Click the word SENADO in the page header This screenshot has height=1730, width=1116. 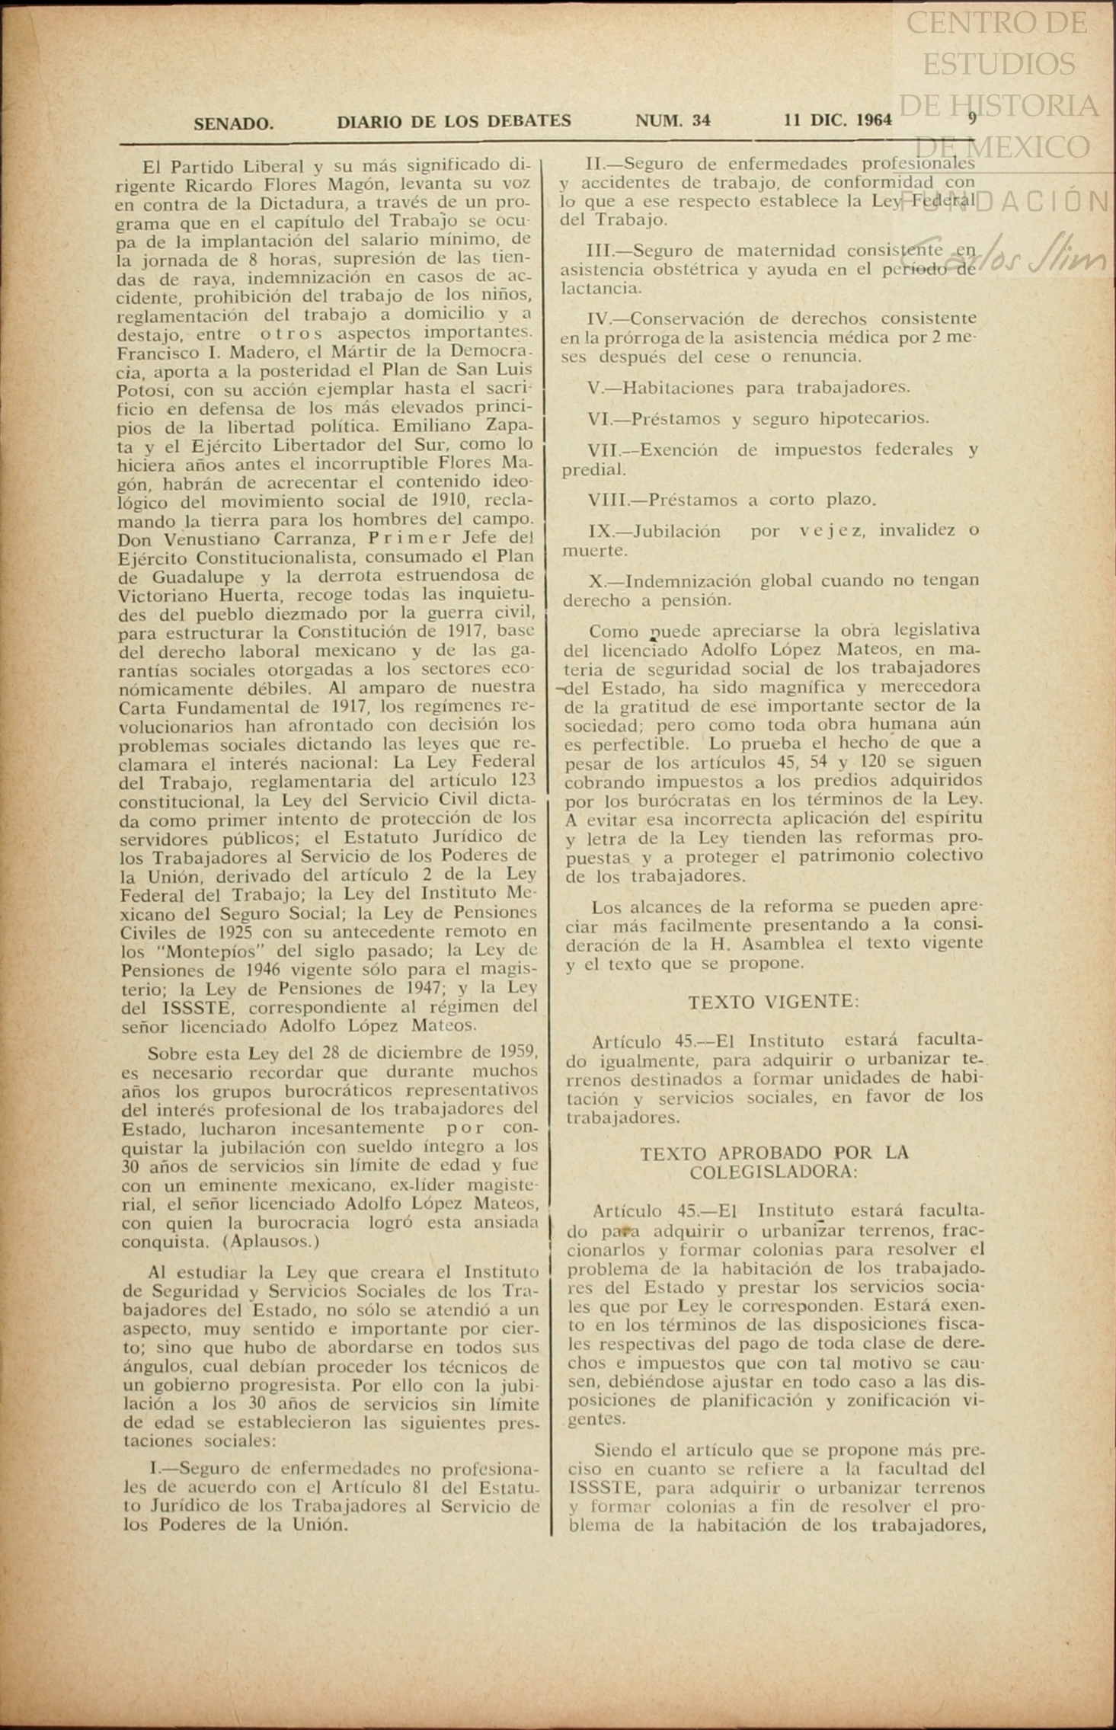[x=233, y=123]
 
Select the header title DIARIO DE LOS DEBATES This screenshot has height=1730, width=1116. [x=454, y=121]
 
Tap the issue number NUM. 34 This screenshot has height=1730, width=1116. [x=673, y=120]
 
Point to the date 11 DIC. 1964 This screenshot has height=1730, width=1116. [x=837, y=120]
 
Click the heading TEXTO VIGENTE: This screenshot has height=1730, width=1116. [x=773, y=1003]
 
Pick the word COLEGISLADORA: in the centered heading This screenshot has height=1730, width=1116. [x=773, y=1172]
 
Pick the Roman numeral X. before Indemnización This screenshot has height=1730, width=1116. [x=596, y=581]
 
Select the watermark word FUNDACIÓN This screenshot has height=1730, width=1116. [x=1040, y=201]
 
